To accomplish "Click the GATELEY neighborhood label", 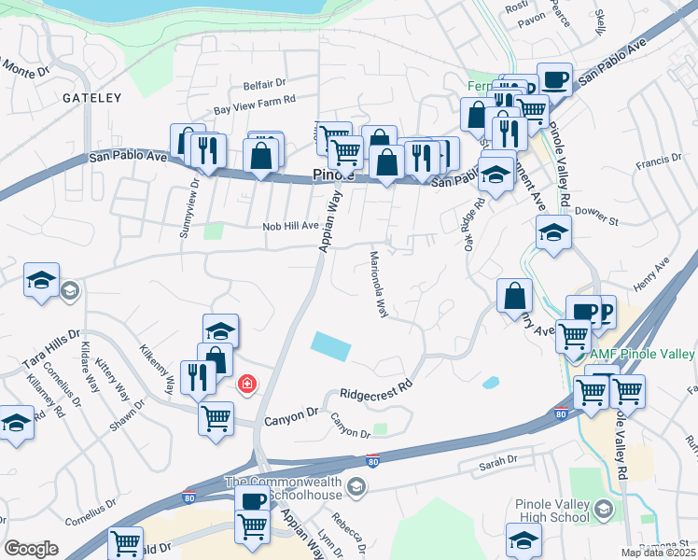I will tap(92, 97).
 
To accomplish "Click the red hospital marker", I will tap(247, 384).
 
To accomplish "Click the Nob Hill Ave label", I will tap(291, 226).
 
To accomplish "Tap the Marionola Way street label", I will tap(379, 284).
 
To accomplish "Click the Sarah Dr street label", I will tap(497, 461).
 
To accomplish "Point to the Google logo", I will tap(31, 549).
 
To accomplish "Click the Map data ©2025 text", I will tap(659, 553).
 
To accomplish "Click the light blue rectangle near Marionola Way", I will tap(332, 347).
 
